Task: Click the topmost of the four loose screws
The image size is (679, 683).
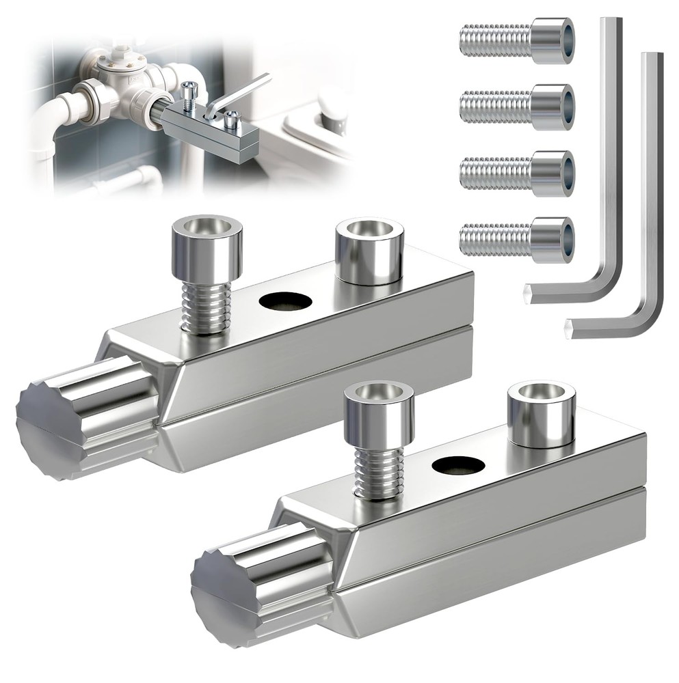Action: pos(517,40)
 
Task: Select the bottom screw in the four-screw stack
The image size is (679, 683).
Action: pos(517,240)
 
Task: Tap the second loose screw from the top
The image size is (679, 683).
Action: pos(517,107)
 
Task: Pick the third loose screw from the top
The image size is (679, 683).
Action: pos(517,173)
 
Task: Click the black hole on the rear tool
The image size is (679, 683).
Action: pos(285,301)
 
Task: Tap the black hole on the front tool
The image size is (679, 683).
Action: pos(457,465)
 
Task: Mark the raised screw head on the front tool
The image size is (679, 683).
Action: pos(378,413)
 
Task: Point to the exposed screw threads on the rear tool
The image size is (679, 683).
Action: pos(205,307)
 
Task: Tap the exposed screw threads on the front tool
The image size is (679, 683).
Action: pos(377,471)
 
